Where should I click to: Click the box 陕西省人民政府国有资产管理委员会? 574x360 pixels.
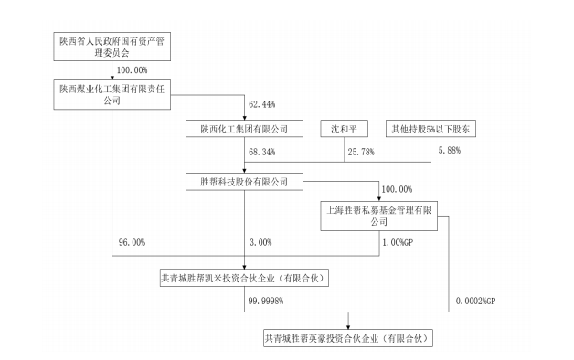coord(112,47)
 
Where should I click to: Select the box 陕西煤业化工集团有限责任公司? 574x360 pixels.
coord(112,94)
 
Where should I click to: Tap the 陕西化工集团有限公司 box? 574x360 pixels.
coord(244,129)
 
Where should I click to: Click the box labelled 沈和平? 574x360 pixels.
coord(344,129)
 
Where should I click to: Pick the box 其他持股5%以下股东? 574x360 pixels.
coord(430,129)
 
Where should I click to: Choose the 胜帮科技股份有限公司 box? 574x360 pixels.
coord(244,182)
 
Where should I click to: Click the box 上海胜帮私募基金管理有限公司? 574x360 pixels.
coord(379,216)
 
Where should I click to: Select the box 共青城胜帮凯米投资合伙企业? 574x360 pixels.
coord(244,278)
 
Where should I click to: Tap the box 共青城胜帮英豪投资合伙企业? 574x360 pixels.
coord(348,338)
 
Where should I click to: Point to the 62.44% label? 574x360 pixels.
coord(262,104)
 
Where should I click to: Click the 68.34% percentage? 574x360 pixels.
coord(262,152)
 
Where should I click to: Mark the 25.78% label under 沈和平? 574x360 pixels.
coord(361,152)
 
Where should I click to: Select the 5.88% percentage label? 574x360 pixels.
coord(450,150)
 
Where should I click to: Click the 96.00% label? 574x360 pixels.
coord(132,242)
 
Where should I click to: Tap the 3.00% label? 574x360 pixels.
coord(260,242)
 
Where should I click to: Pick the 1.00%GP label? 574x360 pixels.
coord(398,242)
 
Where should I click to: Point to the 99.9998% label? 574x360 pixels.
coord(266,301)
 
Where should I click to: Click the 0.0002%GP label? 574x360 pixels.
coord(475,301)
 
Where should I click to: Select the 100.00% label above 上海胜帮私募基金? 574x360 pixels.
coord(397,189)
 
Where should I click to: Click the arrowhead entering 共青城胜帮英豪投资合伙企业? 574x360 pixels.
coord(348,327)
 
